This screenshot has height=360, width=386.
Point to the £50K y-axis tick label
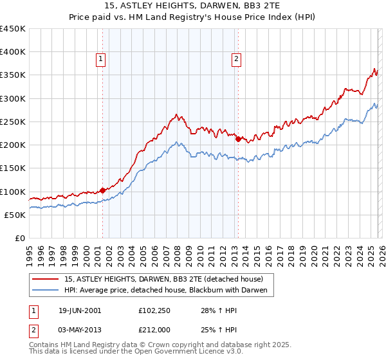click(15, 215)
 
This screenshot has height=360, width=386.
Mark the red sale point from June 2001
click(103, 190)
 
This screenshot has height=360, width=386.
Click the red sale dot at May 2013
click(238, 139)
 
